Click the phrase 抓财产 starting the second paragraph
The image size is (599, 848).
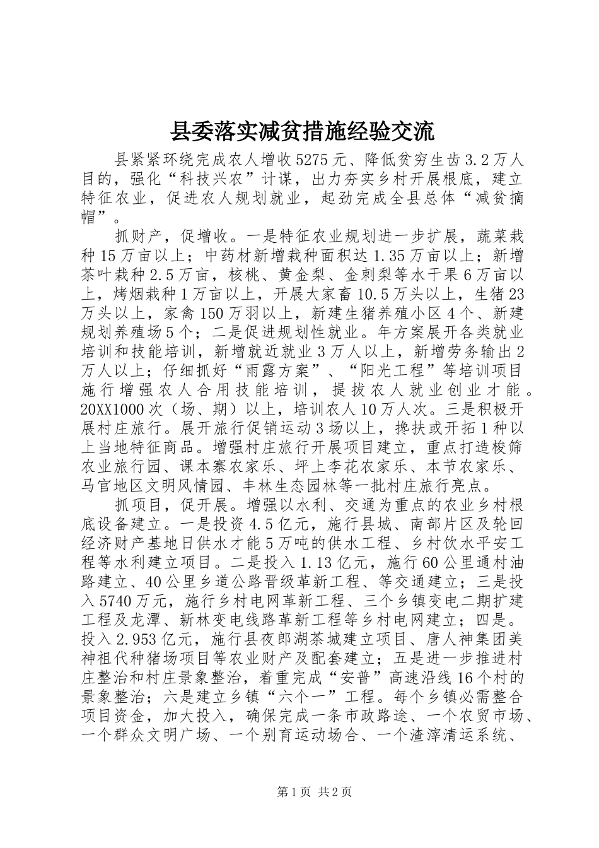[134, 237]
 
